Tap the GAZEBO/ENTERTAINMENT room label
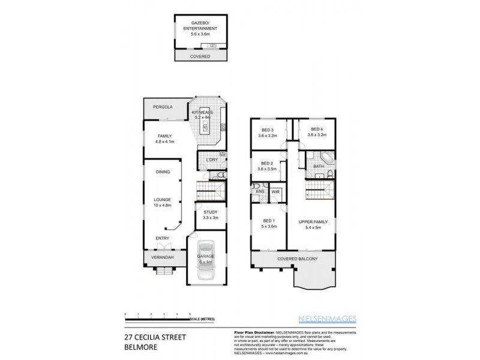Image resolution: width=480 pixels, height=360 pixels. pos(200,28)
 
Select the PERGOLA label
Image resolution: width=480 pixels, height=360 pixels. pos(163,107)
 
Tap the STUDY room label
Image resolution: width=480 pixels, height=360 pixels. pos(211,215)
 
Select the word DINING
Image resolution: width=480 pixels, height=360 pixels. pos(161,172)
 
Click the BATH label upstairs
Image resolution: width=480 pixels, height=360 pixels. pos(319,166)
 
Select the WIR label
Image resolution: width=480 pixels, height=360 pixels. pos(275,191)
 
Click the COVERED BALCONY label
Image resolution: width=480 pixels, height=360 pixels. pos(297,259)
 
